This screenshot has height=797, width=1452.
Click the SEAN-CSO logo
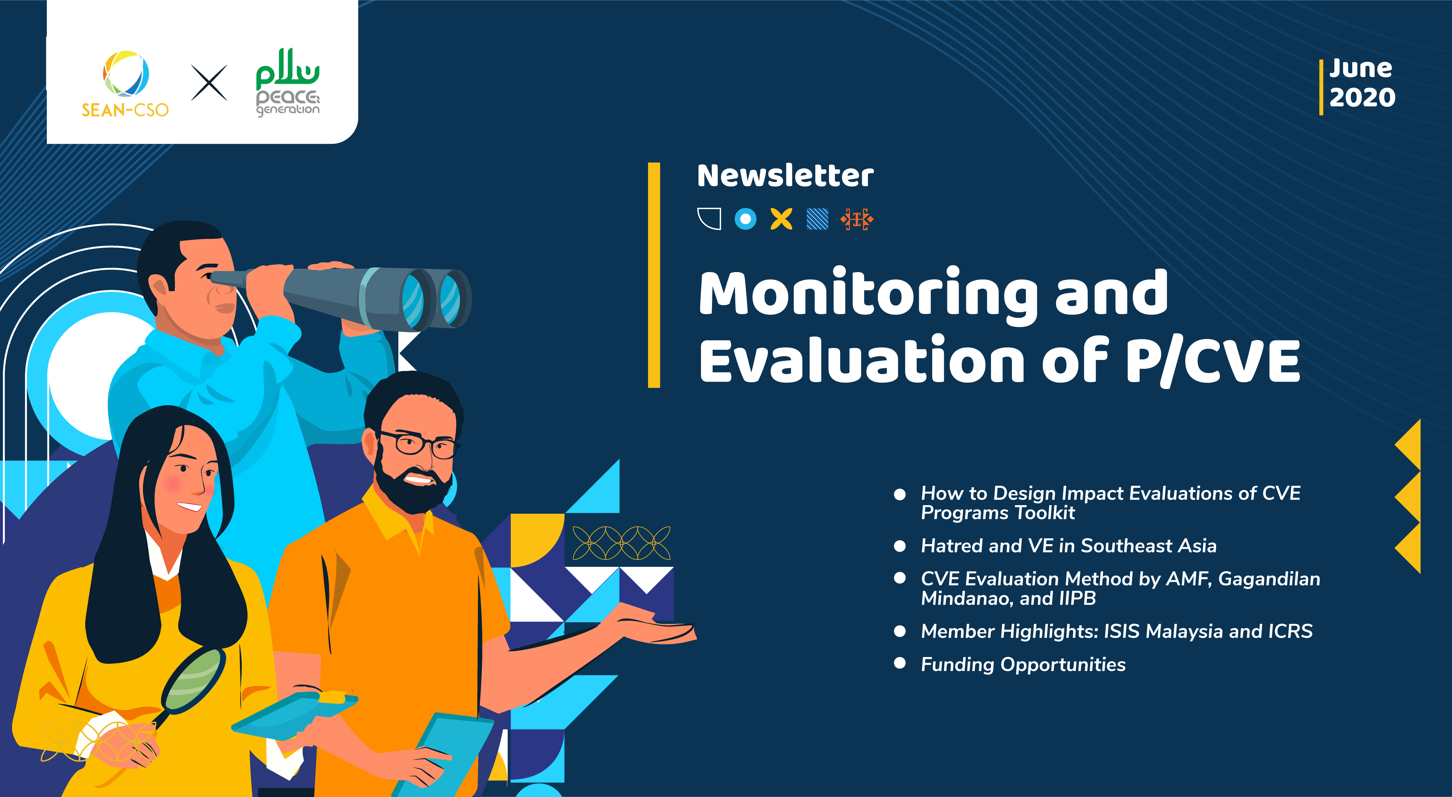click(125, 84)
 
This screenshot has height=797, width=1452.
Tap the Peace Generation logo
click(287, 83)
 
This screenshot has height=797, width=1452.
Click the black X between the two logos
click(209, 83)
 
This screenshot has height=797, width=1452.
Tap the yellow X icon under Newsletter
click(781, 219)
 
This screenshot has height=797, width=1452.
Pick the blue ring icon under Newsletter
click(745, 219)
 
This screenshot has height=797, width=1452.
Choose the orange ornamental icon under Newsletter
click(857, 219)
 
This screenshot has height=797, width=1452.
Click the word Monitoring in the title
click(868, 293)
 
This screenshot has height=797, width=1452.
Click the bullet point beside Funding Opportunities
click(900, 663)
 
